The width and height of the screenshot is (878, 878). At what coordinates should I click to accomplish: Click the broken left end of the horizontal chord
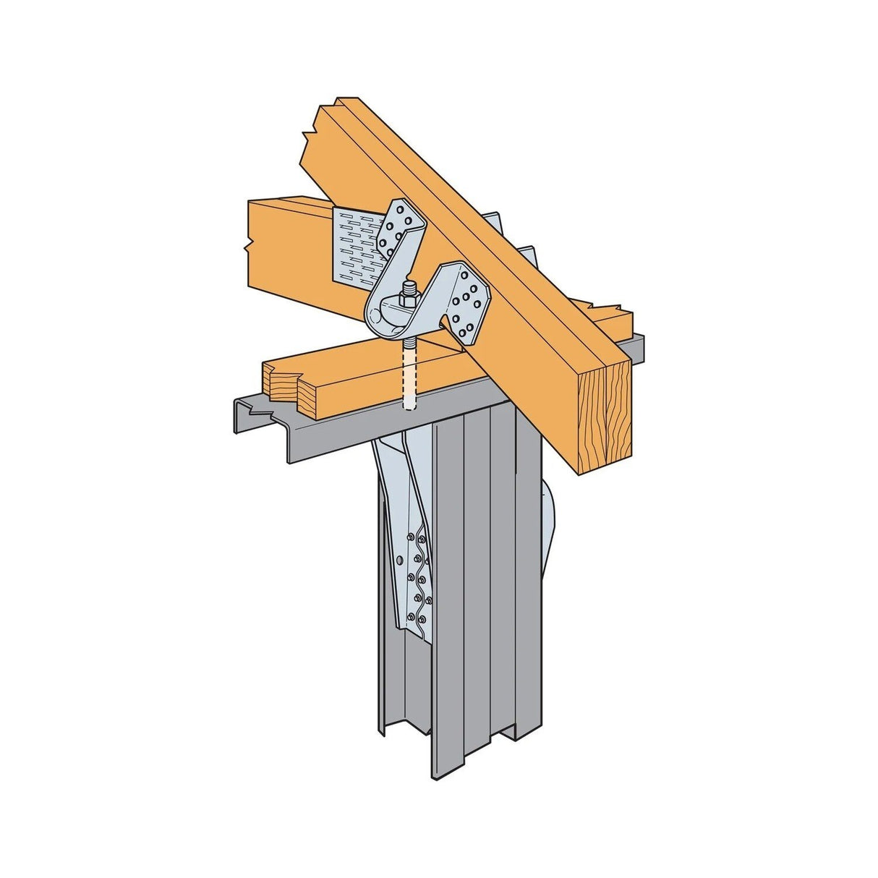click(253, 242)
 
